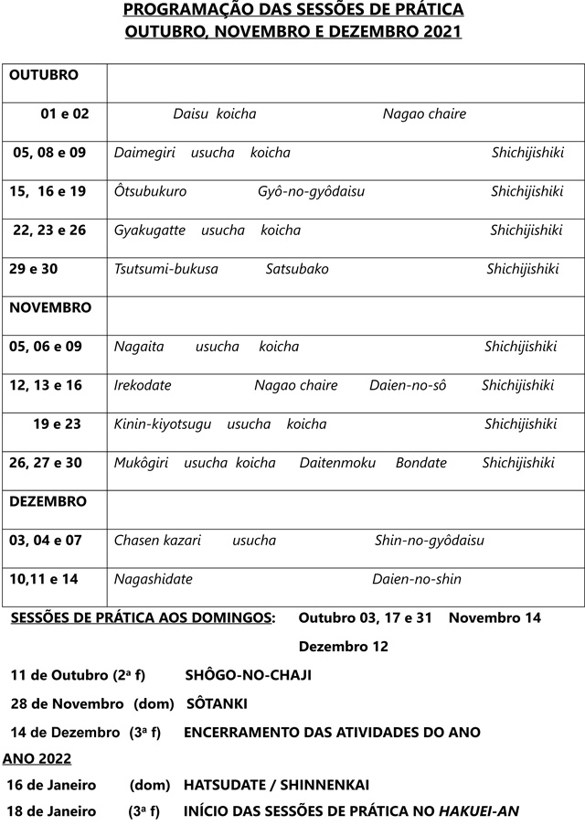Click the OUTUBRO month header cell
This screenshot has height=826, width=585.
tap(44, 75)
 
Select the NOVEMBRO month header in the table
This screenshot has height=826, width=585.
tap(50, 308)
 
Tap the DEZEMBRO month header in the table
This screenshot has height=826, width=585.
tap(48, 502)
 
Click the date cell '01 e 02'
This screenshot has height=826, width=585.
tap(65, 114)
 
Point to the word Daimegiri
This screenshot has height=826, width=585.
tap(144, 153)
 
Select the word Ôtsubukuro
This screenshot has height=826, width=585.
tap(151, 192)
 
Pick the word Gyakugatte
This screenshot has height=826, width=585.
tap(149, 231)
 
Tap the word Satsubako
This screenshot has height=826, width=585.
tap(297, 269)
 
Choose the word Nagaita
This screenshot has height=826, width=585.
tap(139, 347)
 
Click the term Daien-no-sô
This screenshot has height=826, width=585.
tap(408, 386)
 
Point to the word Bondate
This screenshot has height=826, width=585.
tap(421, 463)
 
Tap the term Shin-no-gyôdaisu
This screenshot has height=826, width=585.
tap(429, 541)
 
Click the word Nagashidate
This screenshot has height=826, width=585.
tap(153, 579)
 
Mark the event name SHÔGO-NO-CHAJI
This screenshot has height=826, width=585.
tap(248, 675)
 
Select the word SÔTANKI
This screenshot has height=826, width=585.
tap(217, 704)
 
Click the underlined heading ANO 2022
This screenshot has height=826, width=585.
tap(37, 758)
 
